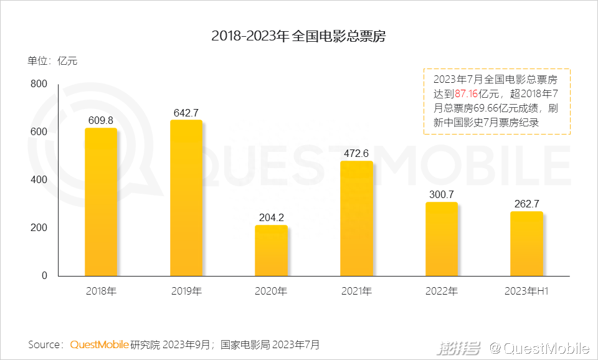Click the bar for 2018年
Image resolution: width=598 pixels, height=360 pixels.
point(101,202)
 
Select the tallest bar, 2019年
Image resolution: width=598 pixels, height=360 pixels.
point(186,198)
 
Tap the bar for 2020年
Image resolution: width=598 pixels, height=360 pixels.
point(271,250)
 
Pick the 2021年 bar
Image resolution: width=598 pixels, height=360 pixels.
point(356,219)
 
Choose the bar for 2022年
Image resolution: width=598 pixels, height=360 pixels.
point(441,239)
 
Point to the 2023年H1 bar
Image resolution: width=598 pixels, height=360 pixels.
point(526,244)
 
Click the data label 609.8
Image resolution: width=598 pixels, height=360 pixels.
point(101,120)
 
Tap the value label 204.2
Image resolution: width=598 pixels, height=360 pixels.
point(271,217)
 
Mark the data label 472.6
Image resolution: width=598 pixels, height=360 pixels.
point(356,153)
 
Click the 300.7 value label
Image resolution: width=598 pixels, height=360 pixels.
point(441,194)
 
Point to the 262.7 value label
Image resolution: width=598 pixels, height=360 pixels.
point(526,204)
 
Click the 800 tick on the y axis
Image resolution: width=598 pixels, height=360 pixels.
point(39,84)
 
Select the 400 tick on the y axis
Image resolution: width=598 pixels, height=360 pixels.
point(39,180)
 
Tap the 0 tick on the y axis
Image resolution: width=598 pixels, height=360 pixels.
point(44,276)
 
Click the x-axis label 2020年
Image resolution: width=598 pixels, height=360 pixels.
point(271,291)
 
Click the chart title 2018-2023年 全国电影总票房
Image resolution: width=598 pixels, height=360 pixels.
point(298,36)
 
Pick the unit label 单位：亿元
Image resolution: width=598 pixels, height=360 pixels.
point(52,61)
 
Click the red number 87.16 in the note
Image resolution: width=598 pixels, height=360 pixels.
point(466,93)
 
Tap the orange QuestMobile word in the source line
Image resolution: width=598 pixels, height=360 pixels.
point(99,344)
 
